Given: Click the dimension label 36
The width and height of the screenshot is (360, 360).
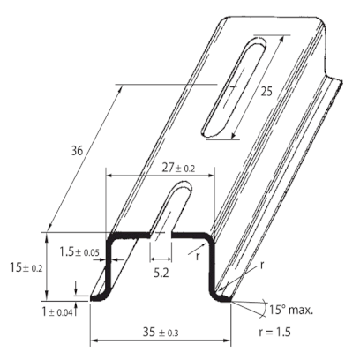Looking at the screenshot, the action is coord(78,151).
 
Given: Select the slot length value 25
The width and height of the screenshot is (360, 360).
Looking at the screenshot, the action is coord(266,92).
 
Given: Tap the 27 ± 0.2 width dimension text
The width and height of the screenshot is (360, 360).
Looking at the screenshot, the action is coord(178,169).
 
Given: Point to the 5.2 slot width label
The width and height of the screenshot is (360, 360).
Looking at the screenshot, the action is coord(161,274).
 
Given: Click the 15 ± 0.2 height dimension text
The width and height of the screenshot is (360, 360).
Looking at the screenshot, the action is coord(26,267).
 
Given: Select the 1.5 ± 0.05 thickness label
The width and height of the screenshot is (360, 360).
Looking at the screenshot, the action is coord(79,252).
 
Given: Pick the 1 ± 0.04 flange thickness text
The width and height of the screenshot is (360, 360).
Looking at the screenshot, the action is coord(57,312).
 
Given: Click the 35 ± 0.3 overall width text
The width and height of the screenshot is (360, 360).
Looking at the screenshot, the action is coord(161,333).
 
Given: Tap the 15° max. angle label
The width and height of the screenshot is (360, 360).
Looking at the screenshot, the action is coord(291,310).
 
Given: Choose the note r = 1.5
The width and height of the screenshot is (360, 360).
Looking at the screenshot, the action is coord(274,332).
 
